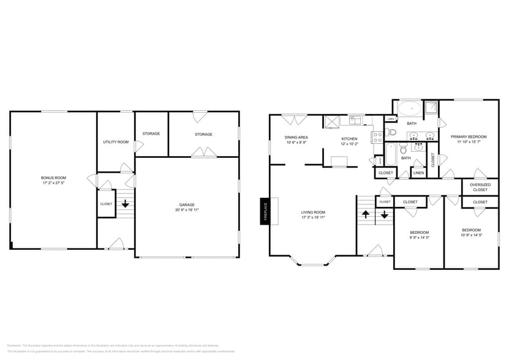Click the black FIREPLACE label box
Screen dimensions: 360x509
pos(265,211)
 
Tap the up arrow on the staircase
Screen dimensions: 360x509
pos(366,214)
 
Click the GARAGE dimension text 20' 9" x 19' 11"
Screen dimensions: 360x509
pos(187,209)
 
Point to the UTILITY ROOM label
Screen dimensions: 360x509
pos(116,141)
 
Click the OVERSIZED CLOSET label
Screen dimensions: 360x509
pos(480,187)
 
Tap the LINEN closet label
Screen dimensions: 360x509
pos(418,173)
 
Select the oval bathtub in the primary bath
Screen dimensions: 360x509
pos(410,110)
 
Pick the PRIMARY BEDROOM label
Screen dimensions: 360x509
pos(469,137)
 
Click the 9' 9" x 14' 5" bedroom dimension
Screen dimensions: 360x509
pos(419,237)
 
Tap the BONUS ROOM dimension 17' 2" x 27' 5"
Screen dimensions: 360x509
pos(54,182)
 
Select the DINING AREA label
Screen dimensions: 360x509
pos(296,137)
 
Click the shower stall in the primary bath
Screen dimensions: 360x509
pos(431,108)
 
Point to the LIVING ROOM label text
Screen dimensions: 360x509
pos(312,212)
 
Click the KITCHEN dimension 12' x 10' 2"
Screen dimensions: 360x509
pos(349,144)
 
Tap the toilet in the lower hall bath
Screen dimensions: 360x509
pos(404,149)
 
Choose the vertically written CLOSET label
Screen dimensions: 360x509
pos(433,160)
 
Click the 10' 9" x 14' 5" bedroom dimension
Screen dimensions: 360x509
pos(472,234)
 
